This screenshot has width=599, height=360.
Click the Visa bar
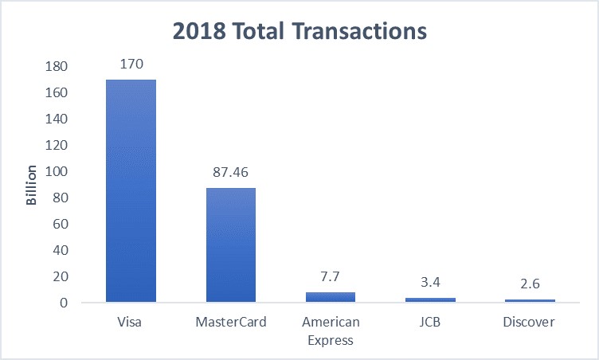[131, 191]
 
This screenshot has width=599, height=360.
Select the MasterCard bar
[231, 245]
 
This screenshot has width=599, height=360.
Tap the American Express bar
[331, 297]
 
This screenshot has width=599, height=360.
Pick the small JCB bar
[430, 299]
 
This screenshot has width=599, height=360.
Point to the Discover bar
[530, 300]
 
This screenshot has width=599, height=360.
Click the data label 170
[131, 65]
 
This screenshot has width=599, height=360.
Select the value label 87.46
[231, 172]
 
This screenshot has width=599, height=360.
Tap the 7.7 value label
[331, 276]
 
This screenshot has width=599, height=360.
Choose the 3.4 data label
[430, 282]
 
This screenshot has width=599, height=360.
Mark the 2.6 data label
[530, 284]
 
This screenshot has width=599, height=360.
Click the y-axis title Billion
[32, 186]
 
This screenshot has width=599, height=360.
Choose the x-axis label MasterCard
[231, 323]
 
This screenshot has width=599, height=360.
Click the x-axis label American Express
[331, 330]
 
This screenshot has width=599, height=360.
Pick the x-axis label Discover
[530, 323]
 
